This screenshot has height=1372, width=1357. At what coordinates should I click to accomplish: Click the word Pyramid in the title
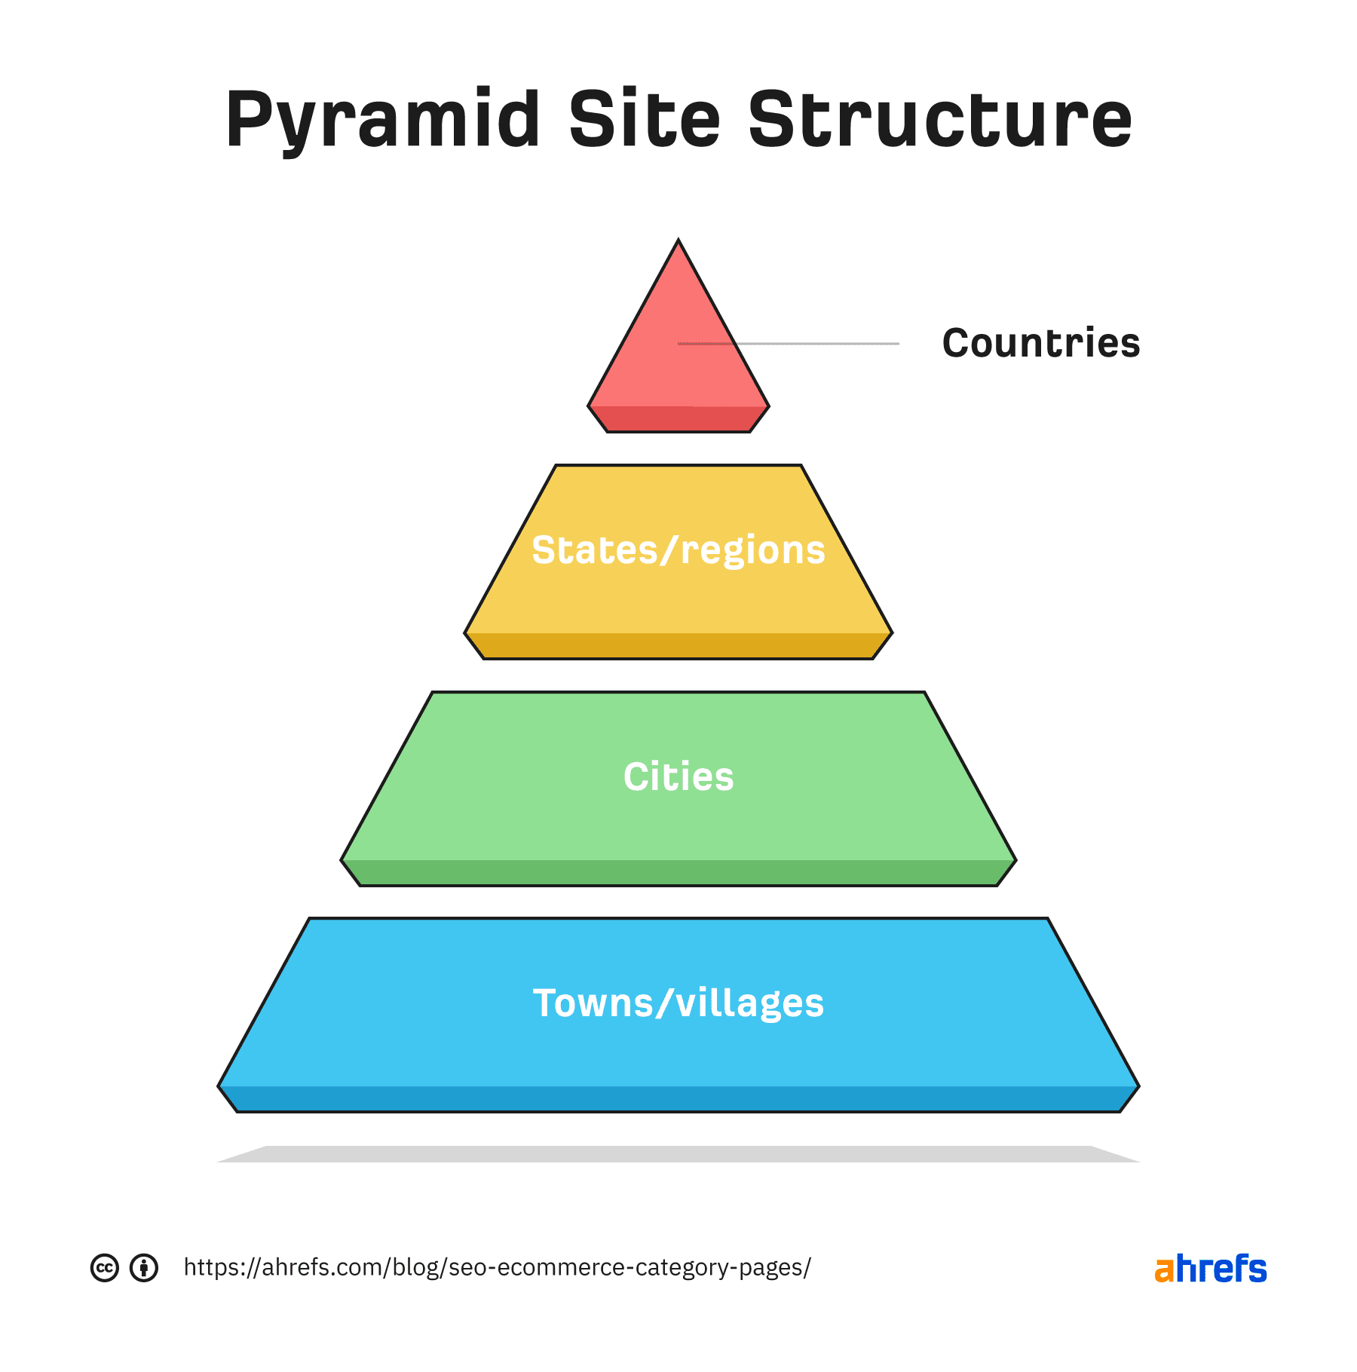pos(383,121)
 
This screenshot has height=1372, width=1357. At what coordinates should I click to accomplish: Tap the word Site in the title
pos(645,121)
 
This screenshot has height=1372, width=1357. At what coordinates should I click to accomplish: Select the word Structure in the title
pos(939,121)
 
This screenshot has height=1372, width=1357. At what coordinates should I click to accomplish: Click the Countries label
pos(1040,344)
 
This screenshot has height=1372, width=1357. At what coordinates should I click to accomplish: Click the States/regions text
pos(678,550)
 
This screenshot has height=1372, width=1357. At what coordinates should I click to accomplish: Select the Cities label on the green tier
pos(678,777)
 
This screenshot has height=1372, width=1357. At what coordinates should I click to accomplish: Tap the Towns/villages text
pos(678,1003)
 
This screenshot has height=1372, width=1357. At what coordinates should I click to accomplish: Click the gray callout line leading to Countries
pos(822,344)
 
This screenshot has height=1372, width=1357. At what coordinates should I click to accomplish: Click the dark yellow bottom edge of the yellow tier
pos(678,646)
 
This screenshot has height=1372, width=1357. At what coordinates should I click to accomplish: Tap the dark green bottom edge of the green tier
pos(678,873)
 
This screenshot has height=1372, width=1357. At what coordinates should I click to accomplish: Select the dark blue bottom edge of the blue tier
pos(678,1099)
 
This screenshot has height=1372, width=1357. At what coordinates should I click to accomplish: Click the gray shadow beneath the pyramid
pos(678,1154)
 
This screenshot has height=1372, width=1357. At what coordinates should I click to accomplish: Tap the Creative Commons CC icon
pos(105,1268)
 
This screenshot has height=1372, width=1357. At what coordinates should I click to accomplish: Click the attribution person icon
pos(144,1268)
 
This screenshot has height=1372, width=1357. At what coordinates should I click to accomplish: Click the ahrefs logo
pos(1211,1269)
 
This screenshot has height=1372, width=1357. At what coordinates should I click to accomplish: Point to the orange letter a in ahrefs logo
pos(1164,1271)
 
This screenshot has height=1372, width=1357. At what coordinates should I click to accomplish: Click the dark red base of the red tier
pos(678,419)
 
